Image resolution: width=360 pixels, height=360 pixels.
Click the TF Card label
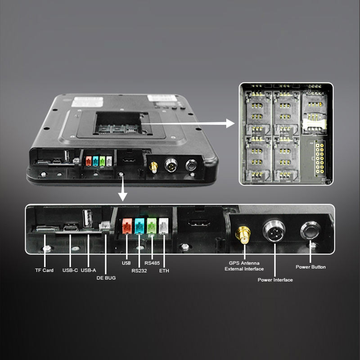click(45, 270)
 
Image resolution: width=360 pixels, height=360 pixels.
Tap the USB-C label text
click(70, 270)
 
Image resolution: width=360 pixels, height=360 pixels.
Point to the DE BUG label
click(106, 278)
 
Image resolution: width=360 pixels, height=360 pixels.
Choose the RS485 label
click(153, 263)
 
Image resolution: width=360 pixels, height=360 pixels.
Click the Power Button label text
click(310, 267)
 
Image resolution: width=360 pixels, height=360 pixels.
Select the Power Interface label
click(275, 280)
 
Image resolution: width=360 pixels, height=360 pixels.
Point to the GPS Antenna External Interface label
click(244, 266)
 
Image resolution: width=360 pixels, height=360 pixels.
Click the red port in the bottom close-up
click(127, 225)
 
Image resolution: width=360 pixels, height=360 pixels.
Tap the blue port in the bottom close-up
click(139, 225)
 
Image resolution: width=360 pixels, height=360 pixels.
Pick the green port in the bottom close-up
click(152, 225)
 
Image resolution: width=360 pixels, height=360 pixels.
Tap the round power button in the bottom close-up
click(310, 231)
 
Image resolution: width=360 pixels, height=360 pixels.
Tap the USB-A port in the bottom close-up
click(88, 219)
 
